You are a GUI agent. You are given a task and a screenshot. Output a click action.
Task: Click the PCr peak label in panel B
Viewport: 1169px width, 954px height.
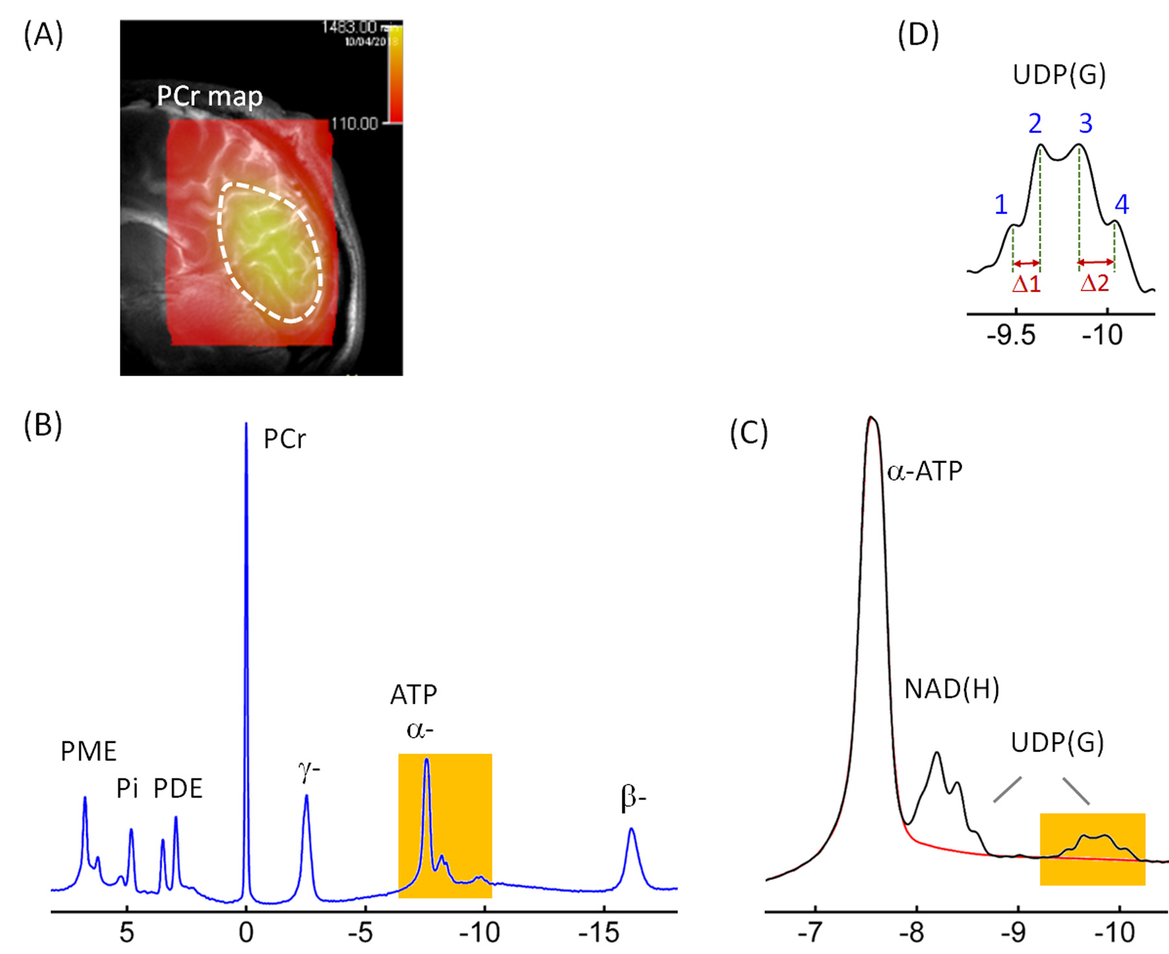[284, 440]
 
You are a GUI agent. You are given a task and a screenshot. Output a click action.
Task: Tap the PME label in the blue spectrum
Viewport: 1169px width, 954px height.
[88, 751]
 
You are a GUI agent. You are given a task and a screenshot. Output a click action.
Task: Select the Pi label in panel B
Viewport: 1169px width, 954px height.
[127, 788]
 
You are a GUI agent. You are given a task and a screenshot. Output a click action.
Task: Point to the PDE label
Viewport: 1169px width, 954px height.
[178, 788]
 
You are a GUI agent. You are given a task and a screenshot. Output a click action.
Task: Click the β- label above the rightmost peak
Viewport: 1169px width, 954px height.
[633, 798]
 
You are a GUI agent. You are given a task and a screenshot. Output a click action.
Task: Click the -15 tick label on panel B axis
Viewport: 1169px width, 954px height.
[599, 933]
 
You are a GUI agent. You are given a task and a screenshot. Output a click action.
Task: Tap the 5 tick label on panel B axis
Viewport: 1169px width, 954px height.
[127, 933]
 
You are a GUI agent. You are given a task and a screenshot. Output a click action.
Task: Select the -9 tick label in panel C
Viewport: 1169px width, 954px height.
[1013, 933]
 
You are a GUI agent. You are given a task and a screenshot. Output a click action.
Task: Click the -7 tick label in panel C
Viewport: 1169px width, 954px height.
[810, 933]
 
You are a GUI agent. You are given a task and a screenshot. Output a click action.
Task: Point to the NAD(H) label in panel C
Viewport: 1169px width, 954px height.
[951, 689]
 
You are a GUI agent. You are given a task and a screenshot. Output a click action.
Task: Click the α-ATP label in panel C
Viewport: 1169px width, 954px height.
[925, 471]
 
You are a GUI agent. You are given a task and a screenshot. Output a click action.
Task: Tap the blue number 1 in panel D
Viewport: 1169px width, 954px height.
[1001, 205]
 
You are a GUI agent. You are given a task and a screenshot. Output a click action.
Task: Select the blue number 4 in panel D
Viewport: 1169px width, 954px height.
[1122, 205]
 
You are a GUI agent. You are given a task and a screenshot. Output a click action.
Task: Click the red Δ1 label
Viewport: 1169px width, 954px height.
[1026, 284]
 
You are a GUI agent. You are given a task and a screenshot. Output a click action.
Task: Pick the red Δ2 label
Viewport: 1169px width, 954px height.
[1094, 284]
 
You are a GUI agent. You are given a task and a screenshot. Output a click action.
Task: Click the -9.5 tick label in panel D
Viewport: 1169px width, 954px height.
[1011, 335]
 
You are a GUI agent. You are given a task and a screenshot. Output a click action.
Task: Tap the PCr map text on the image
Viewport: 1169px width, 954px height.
[210, 97]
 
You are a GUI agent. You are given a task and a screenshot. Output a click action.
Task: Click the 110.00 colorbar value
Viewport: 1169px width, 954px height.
[355, 123]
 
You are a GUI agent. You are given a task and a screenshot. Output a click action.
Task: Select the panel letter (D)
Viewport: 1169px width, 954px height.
[918, 35]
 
